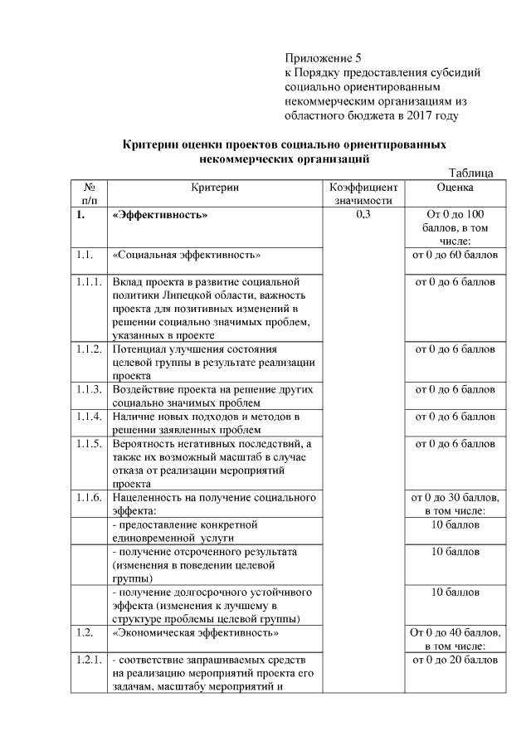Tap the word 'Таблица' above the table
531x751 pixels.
coord(471,173)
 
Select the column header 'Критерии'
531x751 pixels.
coord(214,188)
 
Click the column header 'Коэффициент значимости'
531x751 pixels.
coord(363,194)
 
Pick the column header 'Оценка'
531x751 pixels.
coord(455,188)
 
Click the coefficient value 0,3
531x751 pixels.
coord(363,215)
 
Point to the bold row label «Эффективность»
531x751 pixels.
coord(159,215)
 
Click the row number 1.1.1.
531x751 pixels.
coord(89,282)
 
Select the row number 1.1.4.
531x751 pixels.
coord(89,415)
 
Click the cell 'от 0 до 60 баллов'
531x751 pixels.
coord(455,254)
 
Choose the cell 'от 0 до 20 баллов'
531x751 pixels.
coord(455,660)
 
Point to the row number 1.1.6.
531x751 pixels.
coord(89,498)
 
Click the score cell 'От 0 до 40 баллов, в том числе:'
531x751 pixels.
coord(455,639)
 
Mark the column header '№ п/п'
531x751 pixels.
coord(89,194)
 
